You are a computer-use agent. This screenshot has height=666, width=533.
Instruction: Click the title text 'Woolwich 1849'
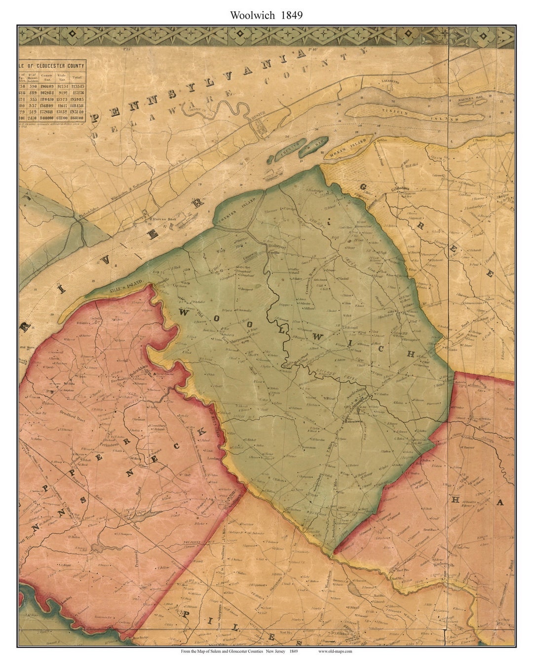[266, 15]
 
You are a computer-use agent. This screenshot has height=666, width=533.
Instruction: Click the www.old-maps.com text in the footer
[335, 651]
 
